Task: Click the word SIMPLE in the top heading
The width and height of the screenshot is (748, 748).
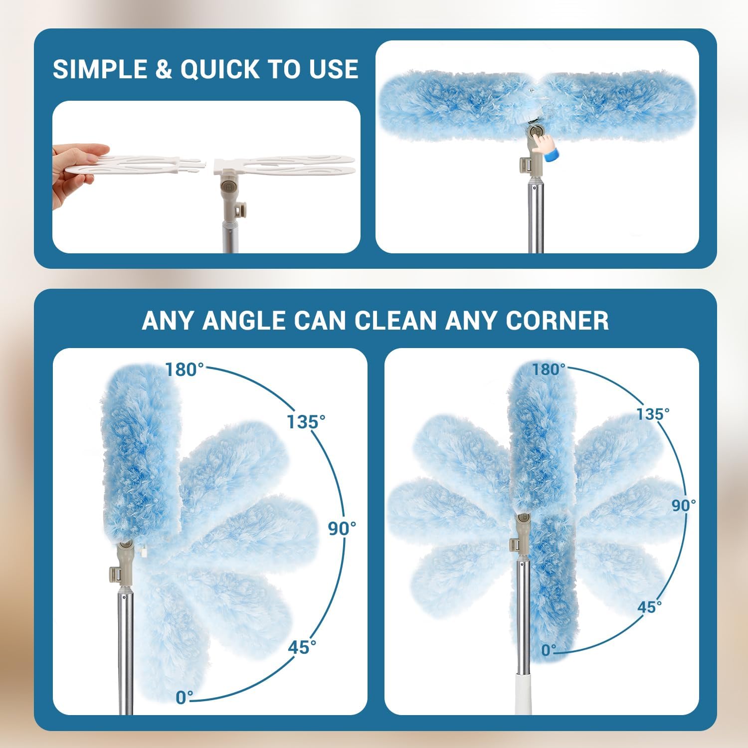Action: point(100,69)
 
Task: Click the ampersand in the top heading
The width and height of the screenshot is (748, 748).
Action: point(164,69)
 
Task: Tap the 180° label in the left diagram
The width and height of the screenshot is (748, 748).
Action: point(185,370)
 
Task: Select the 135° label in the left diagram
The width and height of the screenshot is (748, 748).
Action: point(306,422)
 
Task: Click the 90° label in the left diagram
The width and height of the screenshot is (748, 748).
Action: point(342,529)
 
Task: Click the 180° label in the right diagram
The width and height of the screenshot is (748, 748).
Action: point(549,370)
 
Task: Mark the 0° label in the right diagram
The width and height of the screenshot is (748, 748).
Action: point(549,650)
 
